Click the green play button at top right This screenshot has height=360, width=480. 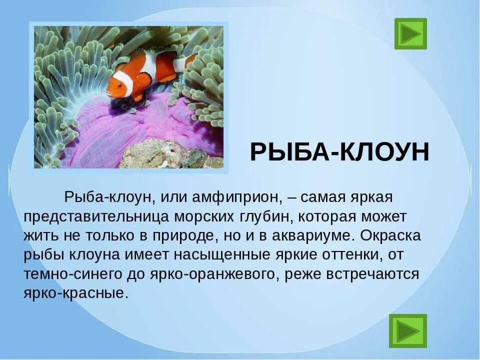[x=410, y=33]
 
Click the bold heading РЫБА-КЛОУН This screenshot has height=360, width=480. [x=339, y=152]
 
